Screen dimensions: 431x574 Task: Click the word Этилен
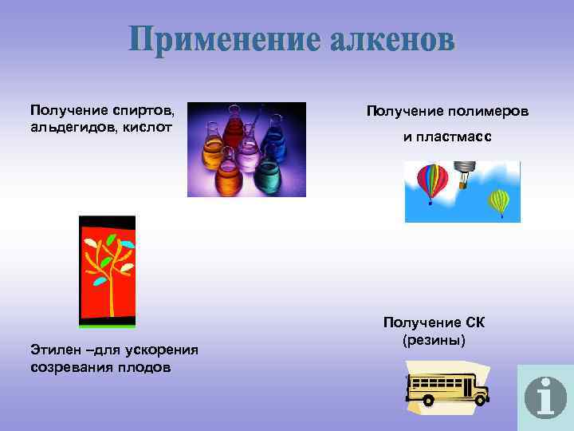[x=55, y=350]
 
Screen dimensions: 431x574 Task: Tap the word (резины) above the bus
[x=434, y=339]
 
